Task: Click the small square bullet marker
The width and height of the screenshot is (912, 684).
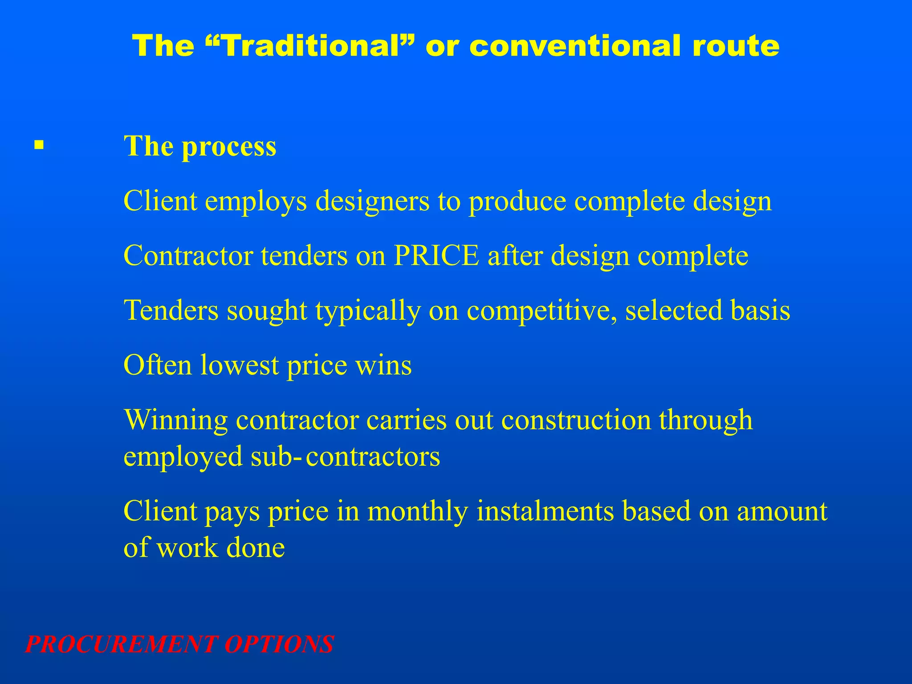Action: tap(39, 145)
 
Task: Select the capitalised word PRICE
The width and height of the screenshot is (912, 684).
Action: tap(436, 256)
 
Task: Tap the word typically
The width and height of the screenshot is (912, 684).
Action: tap(368, 311)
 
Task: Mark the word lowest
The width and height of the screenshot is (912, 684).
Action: tap(239, 365)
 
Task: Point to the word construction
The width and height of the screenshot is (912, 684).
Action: tap(576, 419)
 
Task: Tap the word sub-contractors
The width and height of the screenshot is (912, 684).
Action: tap(345, 456)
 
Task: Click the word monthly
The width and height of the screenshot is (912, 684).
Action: tap(418, 511)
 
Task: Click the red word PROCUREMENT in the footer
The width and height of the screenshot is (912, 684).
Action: tap(122, 644)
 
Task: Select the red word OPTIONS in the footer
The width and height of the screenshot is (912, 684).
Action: tap(279, 644)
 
